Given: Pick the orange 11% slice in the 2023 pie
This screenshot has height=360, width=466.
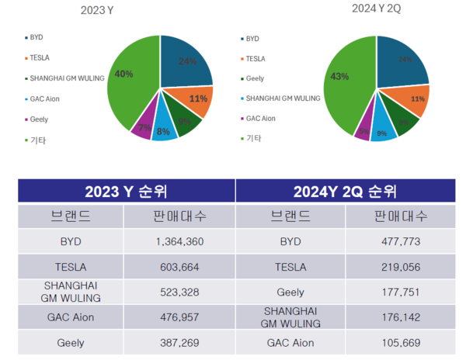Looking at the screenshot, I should pyautogui.click(x=195, y=99).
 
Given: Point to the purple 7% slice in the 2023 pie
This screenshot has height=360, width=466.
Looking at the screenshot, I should pyautogui.click(x=142, y=127).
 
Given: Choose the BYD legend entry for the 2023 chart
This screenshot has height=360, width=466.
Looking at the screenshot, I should pyautogui.click(x=37, y=36).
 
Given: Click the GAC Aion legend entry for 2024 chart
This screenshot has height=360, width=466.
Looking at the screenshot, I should pyautogui.click(x=262, y=118).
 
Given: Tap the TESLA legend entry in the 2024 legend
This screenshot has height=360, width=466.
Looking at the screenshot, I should pyautogui.click(x=256, y=57).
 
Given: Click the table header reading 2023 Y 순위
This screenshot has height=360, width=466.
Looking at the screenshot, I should pyautogui.click(x=127, y=191).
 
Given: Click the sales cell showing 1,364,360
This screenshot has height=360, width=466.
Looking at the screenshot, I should pyautogui.click(x=179, y=241).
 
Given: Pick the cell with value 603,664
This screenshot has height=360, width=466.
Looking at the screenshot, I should pyautogui.click(x=179, y=267).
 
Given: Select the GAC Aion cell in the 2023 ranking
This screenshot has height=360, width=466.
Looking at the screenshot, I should pyautogui.click(x=71, y=317).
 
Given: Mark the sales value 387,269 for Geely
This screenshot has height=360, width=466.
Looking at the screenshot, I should pyautogui.click(x=179, y=342).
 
